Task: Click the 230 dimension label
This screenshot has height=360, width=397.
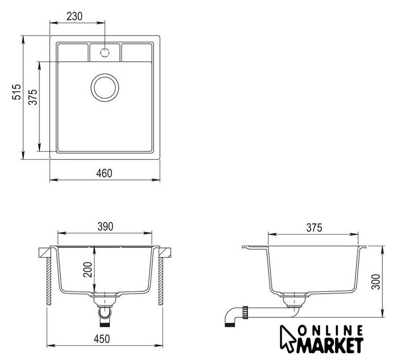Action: click(74, 16)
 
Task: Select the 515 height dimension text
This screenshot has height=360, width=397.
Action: click(17, 92)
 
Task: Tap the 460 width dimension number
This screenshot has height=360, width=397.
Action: click(104, 173)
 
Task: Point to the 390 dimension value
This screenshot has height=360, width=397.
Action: click(105, 227)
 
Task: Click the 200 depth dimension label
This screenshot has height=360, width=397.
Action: click(88, 269)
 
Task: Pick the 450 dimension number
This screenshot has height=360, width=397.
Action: click(102, 339)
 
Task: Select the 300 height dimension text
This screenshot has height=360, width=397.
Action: click(376, 281)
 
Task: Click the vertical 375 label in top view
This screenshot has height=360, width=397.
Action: click(33, 97)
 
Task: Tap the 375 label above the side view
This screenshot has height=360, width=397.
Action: click(314, 228)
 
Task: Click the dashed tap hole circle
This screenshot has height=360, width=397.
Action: click(105, 53)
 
